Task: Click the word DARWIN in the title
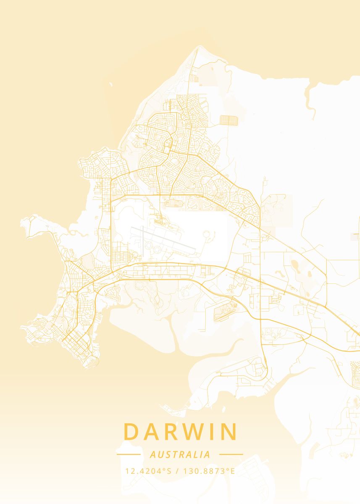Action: (180, 431)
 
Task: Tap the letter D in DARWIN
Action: (131, 431)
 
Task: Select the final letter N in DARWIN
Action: (229, 431)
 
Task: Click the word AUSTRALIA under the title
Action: (180, 454)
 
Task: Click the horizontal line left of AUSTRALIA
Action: (129, 454)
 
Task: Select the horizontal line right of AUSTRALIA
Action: (231, 454)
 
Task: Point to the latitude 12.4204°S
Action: (148, 471)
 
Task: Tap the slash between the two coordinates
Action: (178, 471)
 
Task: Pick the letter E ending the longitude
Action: (232, 471)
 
